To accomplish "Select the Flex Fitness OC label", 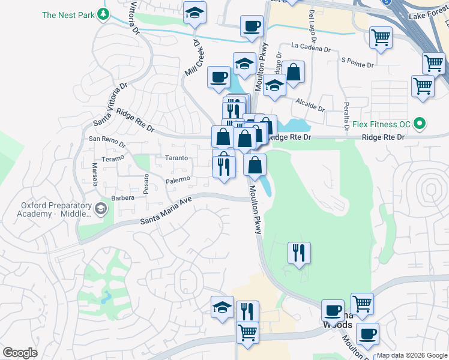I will point(382,125).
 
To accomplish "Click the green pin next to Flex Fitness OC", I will point(420,125).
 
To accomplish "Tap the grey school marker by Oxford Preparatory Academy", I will point(100,209).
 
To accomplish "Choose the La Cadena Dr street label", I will point(312,46).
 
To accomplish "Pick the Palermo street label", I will point(178,179).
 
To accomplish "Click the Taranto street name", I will point(176,158).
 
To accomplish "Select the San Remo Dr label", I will point(107,142).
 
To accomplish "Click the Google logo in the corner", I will point(20,353).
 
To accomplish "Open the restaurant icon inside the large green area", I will point(298,252).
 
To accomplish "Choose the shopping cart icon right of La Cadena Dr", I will point(381,37).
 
